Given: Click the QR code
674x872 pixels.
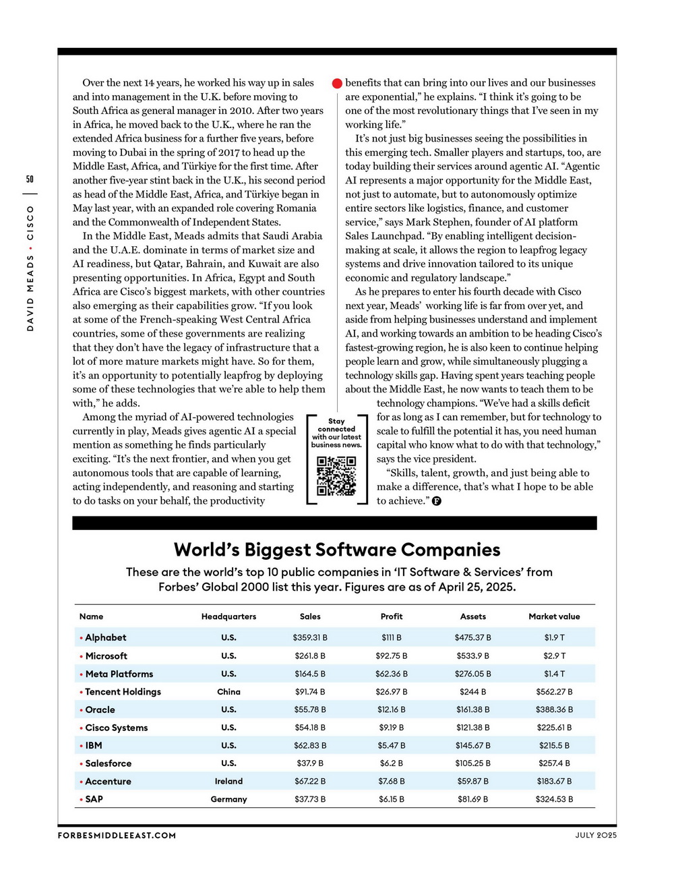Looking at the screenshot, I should [x=336, y=476].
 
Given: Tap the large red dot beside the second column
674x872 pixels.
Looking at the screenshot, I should [x=337, y=84].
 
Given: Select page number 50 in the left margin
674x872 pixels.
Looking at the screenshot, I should [x=30, y=179].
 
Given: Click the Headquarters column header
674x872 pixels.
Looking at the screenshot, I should [x=228, y=616].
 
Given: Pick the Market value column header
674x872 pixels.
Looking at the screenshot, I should [x=554, y=616].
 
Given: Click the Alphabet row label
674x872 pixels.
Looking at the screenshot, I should [x=105, y=637].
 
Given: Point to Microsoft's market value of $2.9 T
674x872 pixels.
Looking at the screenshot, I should [x=554, y=656].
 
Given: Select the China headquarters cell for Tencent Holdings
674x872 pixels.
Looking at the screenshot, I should [x=228, y=692].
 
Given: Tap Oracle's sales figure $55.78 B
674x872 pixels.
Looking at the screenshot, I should [x=310, y=709].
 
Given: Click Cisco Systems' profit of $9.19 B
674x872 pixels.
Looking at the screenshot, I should [x=391, y=728].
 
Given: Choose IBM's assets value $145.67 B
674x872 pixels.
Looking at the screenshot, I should [x=472, y=746].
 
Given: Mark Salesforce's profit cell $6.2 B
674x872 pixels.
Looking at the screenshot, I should [x=391, y=763].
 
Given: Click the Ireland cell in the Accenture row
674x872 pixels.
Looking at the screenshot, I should [x=228, y=782].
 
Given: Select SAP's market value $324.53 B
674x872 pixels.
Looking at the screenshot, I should [x=554, y=799].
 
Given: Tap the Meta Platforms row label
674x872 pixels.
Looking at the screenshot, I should [x=119, y=674].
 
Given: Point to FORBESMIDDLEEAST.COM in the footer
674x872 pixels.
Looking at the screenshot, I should [x=117, y=836].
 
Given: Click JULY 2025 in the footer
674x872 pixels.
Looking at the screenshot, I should [x=596, y=836].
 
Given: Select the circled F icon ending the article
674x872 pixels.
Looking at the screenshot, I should [x=437, y=501].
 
